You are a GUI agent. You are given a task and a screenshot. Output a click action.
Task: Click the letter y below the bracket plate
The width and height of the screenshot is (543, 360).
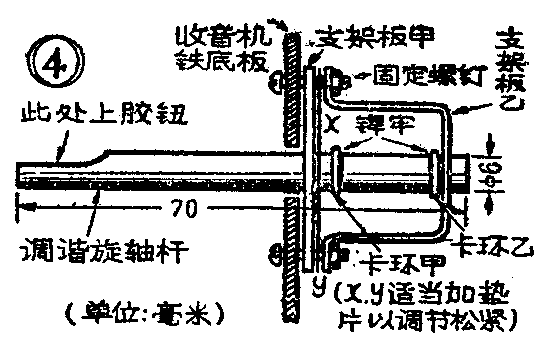316,289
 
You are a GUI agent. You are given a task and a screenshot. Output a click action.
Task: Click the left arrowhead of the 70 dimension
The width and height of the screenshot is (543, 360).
23,208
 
